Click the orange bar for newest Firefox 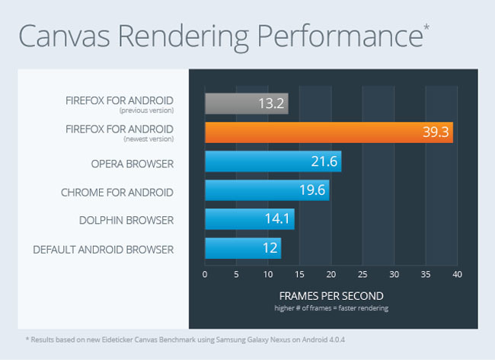328,132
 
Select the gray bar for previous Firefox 246,104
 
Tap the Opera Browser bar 273,162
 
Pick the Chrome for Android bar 267,191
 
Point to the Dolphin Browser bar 249,219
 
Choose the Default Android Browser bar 243,248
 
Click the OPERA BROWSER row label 132,164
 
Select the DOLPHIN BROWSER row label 126,221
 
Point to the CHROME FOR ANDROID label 117,192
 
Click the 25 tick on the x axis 362,274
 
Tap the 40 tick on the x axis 457,274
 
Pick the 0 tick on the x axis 205,274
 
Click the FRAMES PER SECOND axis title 331,295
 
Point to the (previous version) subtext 152,110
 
